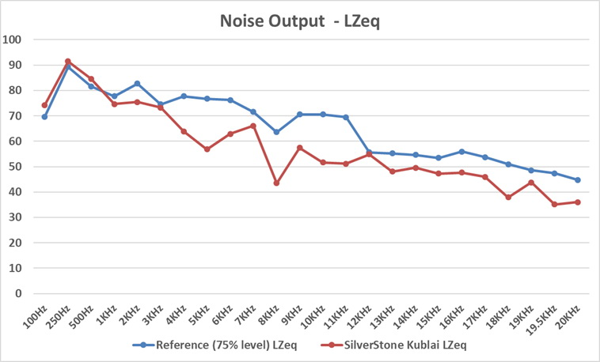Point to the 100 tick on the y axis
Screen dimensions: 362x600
pos(14,40)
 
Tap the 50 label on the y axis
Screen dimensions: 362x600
pos(17,167)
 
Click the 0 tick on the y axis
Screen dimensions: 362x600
pos(21,293)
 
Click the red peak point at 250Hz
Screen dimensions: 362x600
pos(68,61)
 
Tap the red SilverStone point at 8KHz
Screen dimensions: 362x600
pos(276,183)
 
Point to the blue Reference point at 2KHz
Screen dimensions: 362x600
pos(137,84)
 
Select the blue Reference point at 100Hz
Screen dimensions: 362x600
pos(44,116)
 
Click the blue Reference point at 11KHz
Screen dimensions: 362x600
pos(346,117)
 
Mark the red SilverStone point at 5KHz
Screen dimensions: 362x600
pos(207,149)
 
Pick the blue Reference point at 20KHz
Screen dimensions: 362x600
pos(578,180)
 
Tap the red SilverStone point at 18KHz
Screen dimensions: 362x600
pos(508,197)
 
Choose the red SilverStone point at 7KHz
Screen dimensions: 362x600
pos(253,126)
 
